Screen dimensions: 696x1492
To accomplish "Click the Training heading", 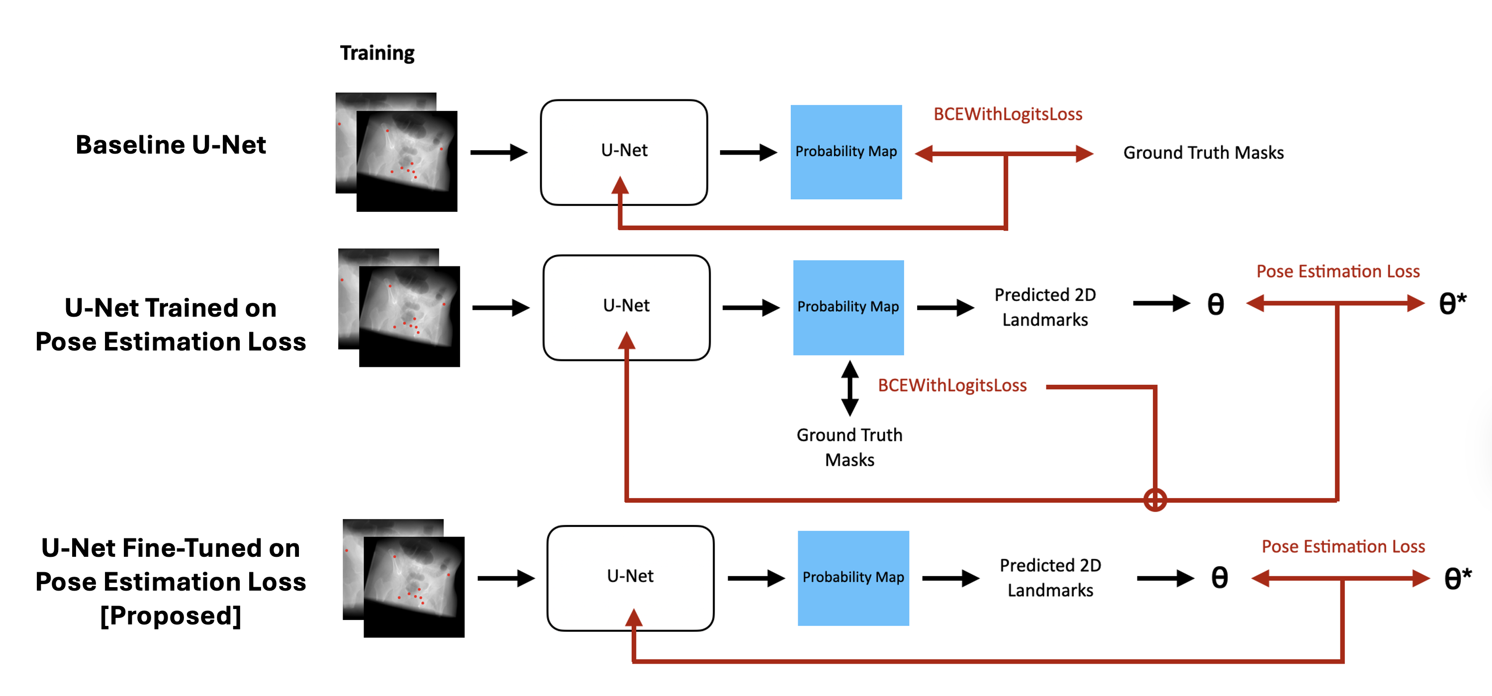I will [x=377, y=53].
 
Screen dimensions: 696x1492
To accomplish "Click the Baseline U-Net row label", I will [x=171, y=145].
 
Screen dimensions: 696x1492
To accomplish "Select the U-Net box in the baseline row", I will [x=624, y=152].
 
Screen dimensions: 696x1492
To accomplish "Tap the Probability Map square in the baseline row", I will [x=845, y=152].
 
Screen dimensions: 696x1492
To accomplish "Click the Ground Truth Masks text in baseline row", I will [x=1203, y=152].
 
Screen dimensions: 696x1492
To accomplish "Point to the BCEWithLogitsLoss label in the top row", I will [x=1007, y=114].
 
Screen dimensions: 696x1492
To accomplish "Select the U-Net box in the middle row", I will [x=626, y=307].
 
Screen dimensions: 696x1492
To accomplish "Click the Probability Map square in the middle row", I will [x=848, y=307].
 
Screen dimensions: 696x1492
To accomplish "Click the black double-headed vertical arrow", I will [x=849, y=388].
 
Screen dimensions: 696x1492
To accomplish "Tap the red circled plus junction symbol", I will [x=1155, y=500].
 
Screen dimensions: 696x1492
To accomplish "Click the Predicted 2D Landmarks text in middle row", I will [x=1045, y=307].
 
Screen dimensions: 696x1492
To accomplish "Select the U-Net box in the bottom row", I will [x=630, y=577].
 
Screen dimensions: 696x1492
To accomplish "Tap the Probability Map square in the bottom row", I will [x=852, y=577].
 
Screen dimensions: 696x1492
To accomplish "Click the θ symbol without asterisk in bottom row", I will [x=1219, y=577].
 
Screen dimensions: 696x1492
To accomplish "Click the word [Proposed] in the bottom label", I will [x=171, y=615].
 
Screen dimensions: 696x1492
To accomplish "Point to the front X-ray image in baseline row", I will [x=407, y=162].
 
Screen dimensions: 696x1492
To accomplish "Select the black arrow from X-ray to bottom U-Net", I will [x=505, y=577].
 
